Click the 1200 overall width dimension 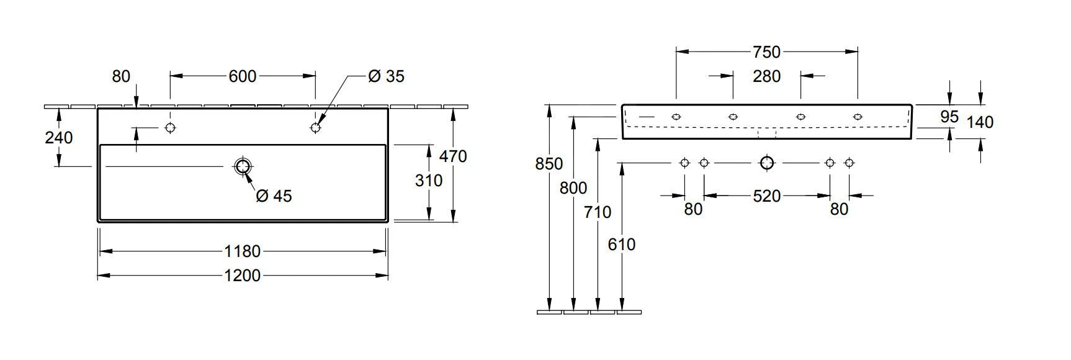pos(243,275)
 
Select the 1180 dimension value pos(243,251)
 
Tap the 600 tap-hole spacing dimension pos(243,76)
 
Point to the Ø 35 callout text pos(385,76)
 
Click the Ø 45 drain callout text pos(274,196)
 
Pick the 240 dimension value pos(59,137)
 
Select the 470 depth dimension pos(453,156)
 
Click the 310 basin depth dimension pos(429,181)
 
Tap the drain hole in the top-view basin pos(243,166)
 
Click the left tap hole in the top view pos(170,128)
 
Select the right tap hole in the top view pos(315,128)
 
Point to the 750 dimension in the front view pos(766,52)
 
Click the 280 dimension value pos(766,76)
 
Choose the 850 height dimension pos(549,164)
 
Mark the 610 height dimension pos(622,245)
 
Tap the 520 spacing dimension pos(766,196)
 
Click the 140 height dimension pos(980,122)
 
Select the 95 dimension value pos(949,116)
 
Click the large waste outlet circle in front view pos(767,163)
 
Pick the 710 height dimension pos(598,212)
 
